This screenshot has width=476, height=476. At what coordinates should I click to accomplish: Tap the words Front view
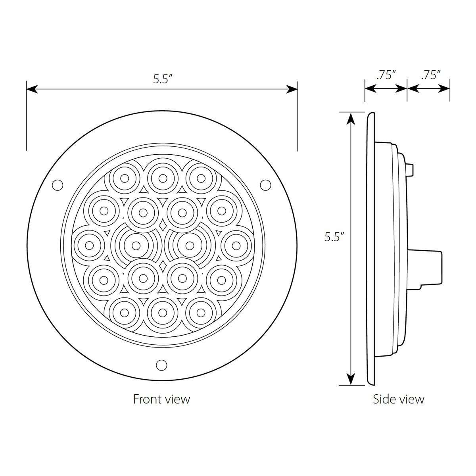161,399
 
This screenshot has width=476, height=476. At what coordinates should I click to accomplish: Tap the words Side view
398,399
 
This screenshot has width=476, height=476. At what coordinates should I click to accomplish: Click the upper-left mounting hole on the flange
58,184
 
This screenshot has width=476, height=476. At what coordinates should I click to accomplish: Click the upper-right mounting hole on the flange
265,184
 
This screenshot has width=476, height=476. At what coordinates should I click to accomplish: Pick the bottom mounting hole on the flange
161,365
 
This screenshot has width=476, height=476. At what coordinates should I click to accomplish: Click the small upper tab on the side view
411,169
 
